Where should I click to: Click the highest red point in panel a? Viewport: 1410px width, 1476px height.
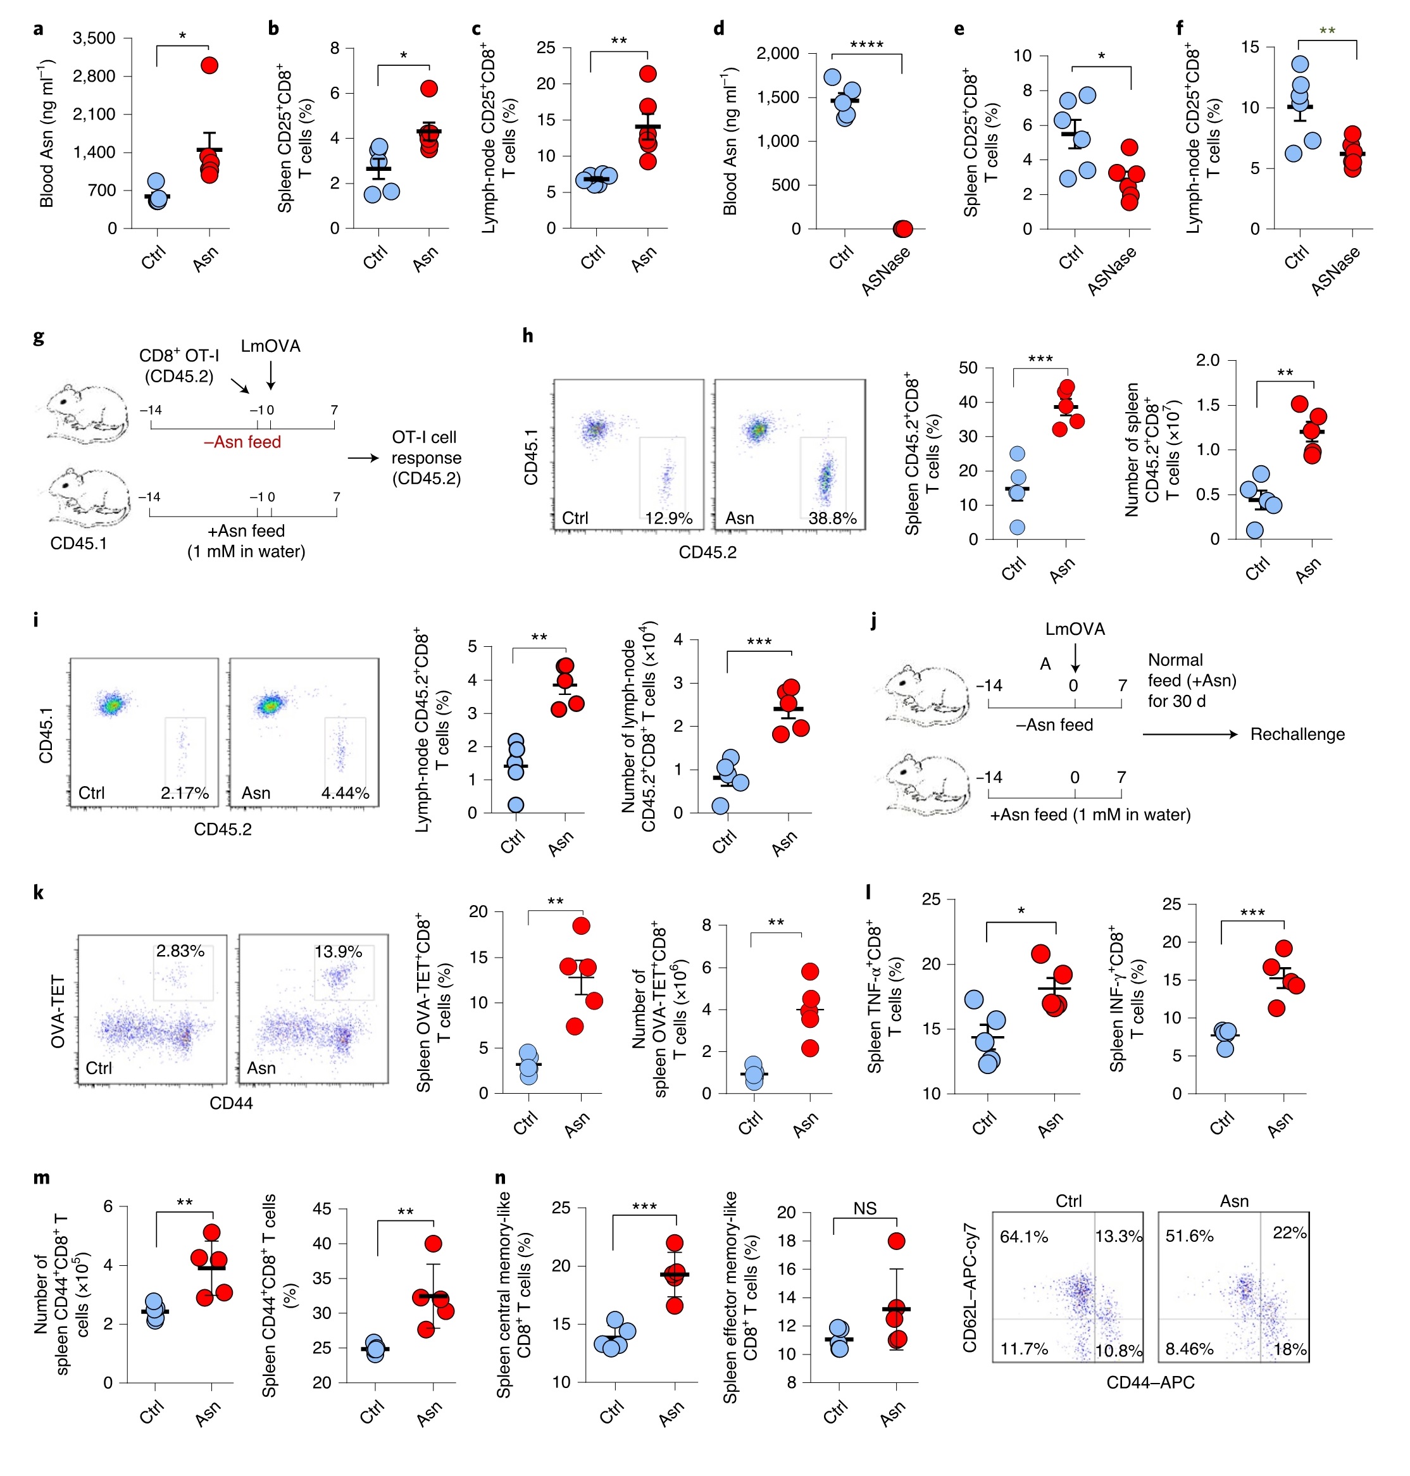[x=209, y=65]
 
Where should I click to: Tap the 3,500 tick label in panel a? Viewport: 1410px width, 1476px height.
[x=94, y=39]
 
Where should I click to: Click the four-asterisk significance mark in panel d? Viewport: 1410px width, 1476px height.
[x=866, y=45]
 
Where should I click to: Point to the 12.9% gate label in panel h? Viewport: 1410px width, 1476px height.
[x=668, y=518]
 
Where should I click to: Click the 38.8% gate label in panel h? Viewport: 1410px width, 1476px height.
[x=832, y=518]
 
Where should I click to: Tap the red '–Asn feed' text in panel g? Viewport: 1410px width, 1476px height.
[x=242, y=442]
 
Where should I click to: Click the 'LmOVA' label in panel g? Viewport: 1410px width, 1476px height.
[x=271, y=346]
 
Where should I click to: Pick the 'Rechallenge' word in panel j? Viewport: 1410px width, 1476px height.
[x=1297, y=734]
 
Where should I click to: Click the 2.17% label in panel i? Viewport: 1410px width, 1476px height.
[x=184, y=793]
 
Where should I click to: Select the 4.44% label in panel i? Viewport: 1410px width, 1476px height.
[x=345, y=793]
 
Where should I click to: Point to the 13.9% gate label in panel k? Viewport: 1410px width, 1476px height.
[x=338, y=951]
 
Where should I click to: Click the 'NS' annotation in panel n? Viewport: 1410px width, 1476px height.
[x=864, y=1208]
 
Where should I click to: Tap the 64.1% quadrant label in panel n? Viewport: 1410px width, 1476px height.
[x=1024, y=1236]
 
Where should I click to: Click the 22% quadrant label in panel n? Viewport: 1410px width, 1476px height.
[x=1289, y=1232]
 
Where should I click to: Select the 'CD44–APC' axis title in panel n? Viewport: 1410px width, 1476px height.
[x=1150, y=1383]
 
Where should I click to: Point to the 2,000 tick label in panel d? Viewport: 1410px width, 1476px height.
[x=777, y=53]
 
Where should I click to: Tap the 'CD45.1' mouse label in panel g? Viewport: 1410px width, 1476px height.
[x=78, y=542]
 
